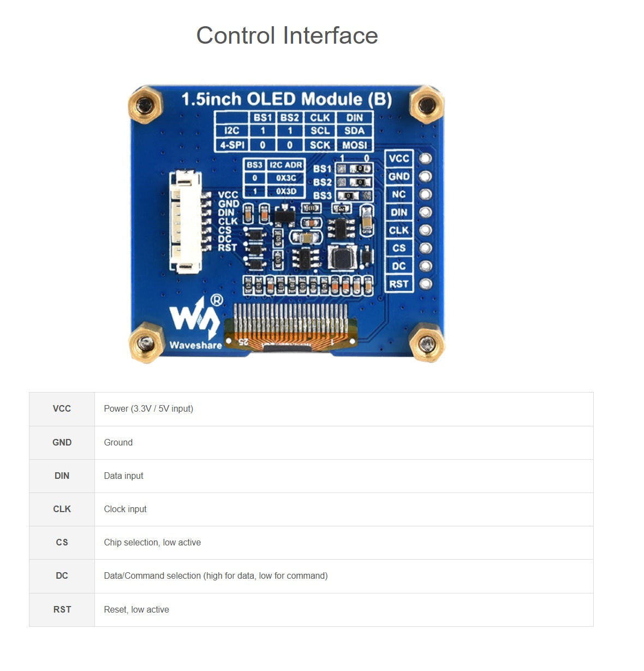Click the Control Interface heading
287,35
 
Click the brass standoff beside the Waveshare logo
146,343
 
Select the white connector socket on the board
186,221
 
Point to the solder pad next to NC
425,194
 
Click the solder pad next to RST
425,284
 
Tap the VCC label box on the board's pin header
399,158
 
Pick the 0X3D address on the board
286,191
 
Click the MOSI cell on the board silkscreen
354,145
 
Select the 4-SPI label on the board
232,145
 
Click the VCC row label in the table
62,409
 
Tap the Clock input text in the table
126,509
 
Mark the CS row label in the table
62,543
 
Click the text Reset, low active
136,610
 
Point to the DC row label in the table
62,576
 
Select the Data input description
124,476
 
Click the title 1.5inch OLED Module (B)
287,99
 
